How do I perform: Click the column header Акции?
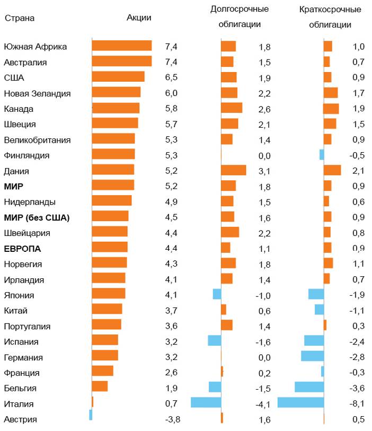(x=139, y=17)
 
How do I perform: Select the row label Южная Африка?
(x=36, y=46)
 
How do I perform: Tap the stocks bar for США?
(x=118, y=77)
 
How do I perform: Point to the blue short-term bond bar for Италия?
(x=300, y=403)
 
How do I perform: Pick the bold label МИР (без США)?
(x=37, y=217)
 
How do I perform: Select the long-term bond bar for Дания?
(x=233, y=170)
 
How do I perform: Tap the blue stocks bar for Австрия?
(x=91, y=415)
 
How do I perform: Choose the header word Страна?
(x=20, y=18)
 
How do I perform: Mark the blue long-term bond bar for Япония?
(x=217, y=294)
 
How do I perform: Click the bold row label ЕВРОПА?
(x=22, y=248)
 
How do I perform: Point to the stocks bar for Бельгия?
(x=100, y=386)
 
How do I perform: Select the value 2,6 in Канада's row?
(x=265, y=109)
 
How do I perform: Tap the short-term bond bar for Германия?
(x=312, y=356)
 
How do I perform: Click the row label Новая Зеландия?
(x=37, y=93)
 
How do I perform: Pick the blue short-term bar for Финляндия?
(x=322, y=154)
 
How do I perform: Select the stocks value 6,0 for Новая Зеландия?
(x=171, y=93)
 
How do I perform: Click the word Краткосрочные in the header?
(x=330, y=10)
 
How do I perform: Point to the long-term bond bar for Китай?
(x=224, y=310)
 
